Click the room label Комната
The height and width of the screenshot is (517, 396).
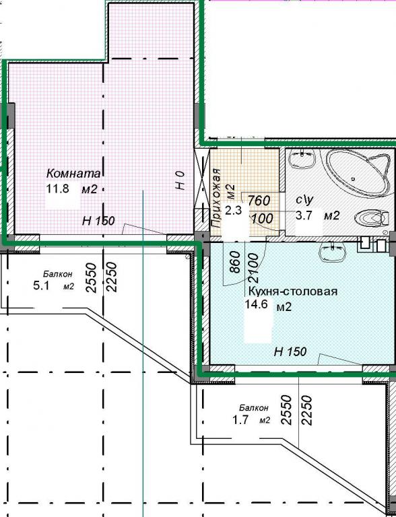point(73,173)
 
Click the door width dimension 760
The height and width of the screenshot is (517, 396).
point(259,201)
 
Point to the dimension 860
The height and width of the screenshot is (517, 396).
point(234,262)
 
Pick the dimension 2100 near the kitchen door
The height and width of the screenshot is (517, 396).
point(253,268)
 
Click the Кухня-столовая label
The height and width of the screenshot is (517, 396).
point(293,291)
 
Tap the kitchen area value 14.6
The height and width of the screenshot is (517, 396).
point(256,304)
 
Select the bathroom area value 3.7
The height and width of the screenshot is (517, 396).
point(304,216)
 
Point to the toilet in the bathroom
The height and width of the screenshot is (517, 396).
point(371,218)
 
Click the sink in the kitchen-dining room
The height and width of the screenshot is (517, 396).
point(332,252)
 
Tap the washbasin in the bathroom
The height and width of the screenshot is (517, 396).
point(302,158)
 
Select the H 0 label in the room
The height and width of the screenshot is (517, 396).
point(180,180)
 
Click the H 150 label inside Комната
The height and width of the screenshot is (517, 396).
point(98,221)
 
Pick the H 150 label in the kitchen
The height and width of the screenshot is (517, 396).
point(290,352)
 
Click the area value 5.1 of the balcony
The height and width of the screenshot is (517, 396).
point(42,285)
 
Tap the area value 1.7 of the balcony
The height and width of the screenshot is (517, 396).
point(240,420)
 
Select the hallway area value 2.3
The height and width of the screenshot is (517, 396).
point(233,210)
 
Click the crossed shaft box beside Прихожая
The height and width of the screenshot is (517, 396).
point(202,178)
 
